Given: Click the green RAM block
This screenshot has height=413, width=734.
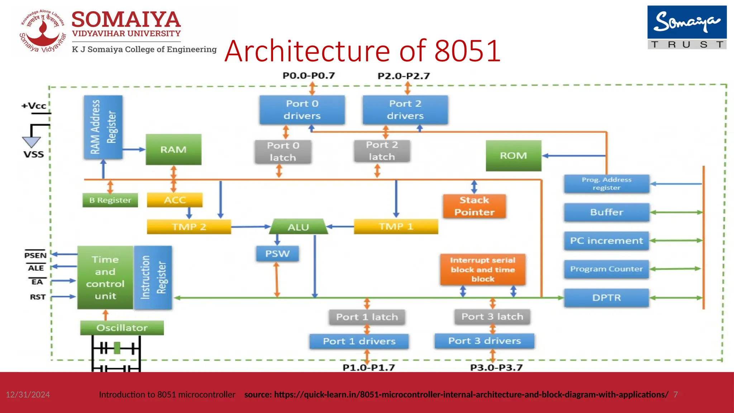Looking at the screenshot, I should (x=173, y=149).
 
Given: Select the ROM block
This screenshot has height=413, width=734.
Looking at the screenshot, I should (x=513, y=156).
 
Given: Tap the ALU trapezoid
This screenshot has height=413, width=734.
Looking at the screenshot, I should (x=298, y=227).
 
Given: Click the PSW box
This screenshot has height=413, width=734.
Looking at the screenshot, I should (x=277, y=253).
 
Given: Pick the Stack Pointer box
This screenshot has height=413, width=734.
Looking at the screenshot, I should (x=474, y=206).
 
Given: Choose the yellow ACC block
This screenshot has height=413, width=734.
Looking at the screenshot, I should (x=175, y=200).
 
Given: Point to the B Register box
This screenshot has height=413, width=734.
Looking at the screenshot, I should (x=110, y=200).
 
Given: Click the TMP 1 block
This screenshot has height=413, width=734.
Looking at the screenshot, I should (x=396, y=227).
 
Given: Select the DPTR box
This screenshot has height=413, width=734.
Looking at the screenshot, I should (x=606, y=298).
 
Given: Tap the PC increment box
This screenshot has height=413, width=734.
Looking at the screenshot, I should (x=606, y=241).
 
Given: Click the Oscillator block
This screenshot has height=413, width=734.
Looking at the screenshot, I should (x=122, y=328).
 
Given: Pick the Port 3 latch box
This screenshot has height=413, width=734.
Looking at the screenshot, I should (x=492, y=317).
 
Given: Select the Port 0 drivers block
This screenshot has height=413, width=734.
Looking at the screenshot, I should (x=302, y=110).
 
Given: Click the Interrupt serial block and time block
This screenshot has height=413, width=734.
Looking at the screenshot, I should (x=482, y=270).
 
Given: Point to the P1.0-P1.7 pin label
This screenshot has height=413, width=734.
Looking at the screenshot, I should (x=368, y=367).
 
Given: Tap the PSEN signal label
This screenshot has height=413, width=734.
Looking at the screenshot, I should (x=35, y=255).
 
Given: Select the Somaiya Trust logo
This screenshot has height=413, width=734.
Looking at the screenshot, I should (x=687, y=27).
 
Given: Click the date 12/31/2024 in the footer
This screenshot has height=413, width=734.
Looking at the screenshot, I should (x=28, y=394).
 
